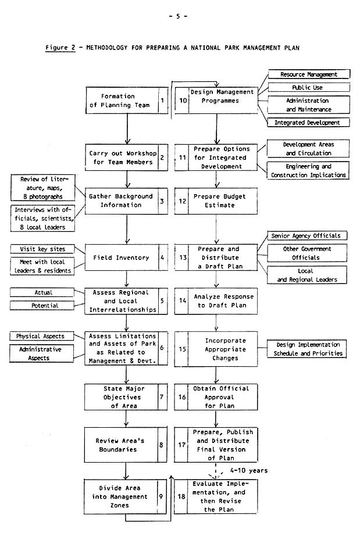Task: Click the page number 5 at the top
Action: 178,16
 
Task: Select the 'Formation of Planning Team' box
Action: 122,101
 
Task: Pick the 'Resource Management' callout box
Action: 309,74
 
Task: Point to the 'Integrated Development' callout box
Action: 308,122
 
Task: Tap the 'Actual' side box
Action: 43,292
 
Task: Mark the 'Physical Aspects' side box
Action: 41,336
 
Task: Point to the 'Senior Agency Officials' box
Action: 306,235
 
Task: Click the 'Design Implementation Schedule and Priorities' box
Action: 306,349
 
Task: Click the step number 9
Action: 161,496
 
